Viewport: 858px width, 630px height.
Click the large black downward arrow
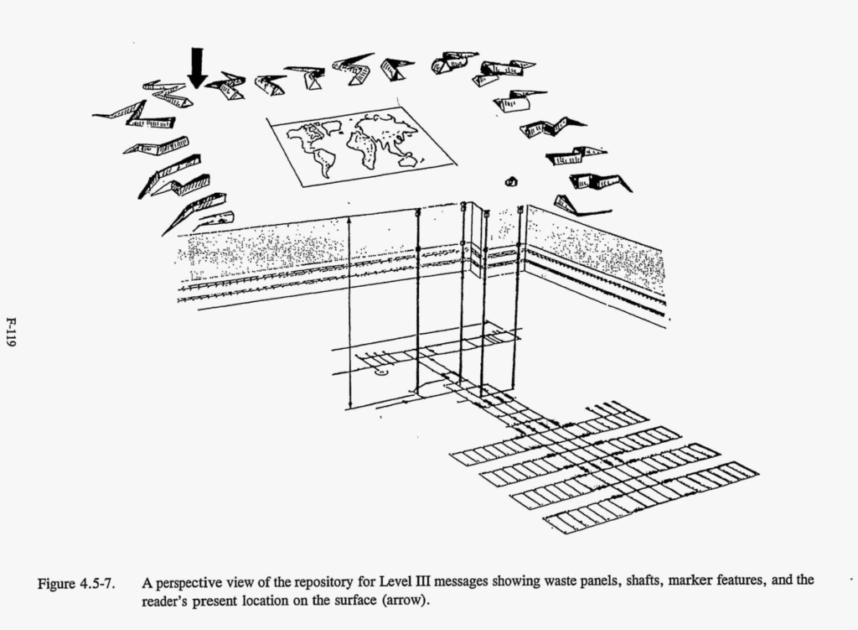click(x=196, y=67)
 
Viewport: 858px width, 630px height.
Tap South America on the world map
click(x=323, y=163)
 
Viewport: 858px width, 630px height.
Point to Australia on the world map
click(x=406, y=160)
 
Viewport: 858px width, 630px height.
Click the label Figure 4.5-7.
click(x=76, y=584)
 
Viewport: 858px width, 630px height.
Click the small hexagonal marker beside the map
click(x=510, y=181)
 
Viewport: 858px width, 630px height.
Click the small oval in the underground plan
click(x=380, y=372)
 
